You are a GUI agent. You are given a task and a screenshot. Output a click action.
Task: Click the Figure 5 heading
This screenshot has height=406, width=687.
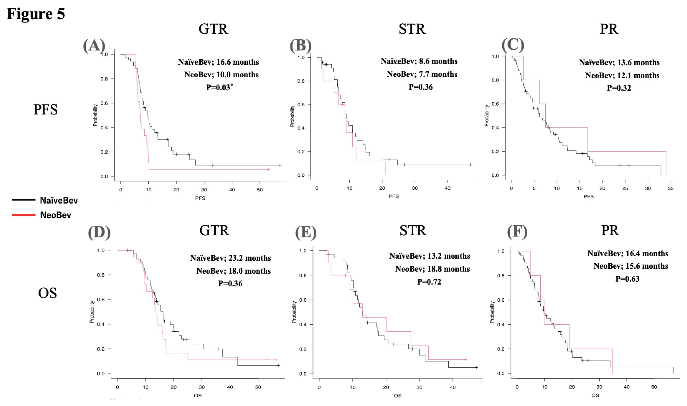click(x=36, y=14)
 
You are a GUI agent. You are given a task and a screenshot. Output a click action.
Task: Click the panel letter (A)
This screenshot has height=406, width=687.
click(x=94, y=45)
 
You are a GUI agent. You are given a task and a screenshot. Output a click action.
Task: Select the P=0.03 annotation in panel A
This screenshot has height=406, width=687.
click(x=219, y=87)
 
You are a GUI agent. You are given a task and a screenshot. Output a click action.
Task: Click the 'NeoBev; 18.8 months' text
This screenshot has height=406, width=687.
click(x=432, y=269)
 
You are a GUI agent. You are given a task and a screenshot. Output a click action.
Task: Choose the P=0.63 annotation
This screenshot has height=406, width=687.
click(x=627, y=279)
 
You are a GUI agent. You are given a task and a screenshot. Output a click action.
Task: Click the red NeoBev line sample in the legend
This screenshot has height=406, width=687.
click(x=23, y=215)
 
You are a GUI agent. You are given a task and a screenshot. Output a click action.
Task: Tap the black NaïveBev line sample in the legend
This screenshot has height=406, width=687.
click(x=23, y=200)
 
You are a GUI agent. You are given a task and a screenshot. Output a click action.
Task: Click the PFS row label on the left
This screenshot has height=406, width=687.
click(x=45, y=109)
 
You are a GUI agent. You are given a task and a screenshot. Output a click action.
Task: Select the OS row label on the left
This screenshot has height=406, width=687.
click(x=47, y=293)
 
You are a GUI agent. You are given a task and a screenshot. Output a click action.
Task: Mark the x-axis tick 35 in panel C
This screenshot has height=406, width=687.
click(x=670, y=188)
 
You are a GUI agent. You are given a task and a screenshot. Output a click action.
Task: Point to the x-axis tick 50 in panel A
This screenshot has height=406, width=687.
click(x=260, y=190)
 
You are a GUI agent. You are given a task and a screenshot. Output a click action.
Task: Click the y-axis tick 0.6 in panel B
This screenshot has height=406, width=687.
click(x=301, y=105)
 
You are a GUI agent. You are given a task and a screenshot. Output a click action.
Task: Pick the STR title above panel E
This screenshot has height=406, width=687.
click(x=413, y=230)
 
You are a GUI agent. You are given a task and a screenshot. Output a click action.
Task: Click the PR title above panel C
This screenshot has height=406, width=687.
click(x=609, y=29)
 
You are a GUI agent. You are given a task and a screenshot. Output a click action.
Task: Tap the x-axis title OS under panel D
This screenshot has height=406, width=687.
click(x=198, y=396)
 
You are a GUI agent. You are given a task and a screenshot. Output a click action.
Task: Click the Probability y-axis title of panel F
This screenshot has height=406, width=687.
click(x=492, y=312)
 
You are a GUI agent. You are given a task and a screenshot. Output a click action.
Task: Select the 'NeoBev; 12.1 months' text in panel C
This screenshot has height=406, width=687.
click(x=622, y=76)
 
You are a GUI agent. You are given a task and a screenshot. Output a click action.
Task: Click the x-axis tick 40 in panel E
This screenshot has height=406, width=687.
click(x=453, y=387)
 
